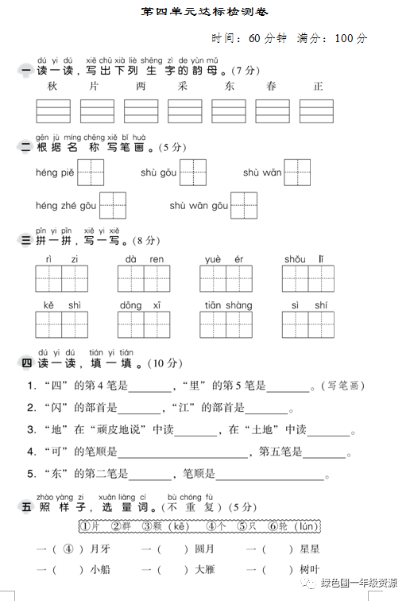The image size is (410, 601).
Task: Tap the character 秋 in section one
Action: (52, 87)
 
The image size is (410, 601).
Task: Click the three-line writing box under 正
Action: (318, 111)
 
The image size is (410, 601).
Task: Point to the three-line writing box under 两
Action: (141, 111)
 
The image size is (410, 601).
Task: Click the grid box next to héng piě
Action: (91, 173)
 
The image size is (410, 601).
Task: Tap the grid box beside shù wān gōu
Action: (244, 206)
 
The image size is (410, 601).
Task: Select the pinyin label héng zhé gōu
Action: (65, 206)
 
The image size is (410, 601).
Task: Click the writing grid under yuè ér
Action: (226, 279)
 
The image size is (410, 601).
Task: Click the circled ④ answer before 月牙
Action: (69, 549)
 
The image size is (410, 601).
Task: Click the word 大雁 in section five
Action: (204, 570)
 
